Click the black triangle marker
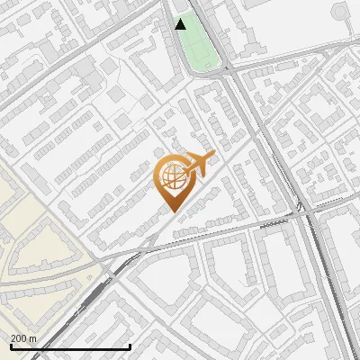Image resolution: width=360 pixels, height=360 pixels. [x=181, y=24]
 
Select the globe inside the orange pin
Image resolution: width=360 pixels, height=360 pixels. [x=171, y=177]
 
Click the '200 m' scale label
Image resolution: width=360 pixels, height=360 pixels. [x=23, y=338]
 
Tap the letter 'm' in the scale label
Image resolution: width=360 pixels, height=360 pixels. [x=32, y=338]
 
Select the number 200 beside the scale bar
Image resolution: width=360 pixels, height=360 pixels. [x=19, y=338]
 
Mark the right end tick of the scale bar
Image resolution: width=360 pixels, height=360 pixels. [x=130, y=345]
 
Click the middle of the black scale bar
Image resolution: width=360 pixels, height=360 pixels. [x=69, y=347]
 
